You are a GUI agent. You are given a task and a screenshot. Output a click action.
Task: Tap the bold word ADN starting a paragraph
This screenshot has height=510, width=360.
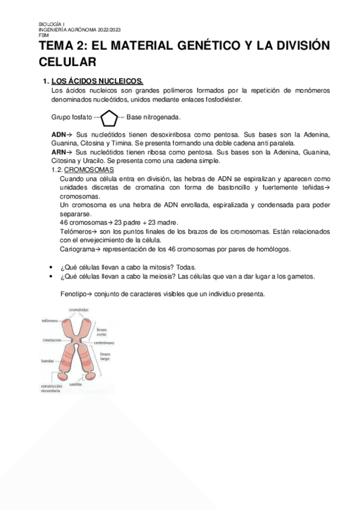pos(58,135)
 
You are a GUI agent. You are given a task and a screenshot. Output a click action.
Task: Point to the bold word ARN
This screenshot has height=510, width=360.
pos(58,152)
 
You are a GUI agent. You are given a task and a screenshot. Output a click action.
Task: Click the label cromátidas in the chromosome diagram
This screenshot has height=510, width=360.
pos(79,310)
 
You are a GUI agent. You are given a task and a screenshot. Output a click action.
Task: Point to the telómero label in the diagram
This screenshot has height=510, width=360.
pos(49,321)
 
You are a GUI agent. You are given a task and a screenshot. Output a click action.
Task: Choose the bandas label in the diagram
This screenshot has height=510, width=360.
pos(47,361)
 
